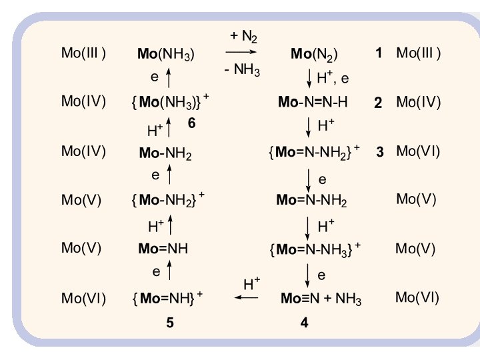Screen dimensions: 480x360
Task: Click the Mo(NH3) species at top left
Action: pos(166,55)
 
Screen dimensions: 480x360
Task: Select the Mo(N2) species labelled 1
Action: pos(314,55)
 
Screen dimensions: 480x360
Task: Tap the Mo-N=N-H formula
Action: pos(313,103)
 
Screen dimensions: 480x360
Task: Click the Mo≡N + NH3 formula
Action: pos(321,299)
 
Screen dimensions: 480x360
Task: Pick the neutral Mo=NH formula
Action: pos(163,249)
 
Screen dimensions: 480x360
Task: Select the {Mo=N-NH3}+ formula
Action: pos(314,249)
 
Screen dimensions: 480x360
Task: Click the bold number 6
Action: pos(191,124)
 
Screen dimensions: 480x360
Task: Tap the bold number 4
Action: pos(305,323)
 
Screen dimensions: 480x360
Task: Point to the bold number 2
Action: pos(378,103)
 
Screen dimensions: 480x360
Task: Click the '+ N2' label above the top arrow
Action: pos(244,36)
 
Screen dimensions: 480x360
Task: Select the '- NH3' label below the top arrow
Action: pos(242,70)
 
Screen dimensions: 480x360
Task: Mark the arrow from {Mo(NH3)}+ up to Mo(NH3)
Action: pos(169,78)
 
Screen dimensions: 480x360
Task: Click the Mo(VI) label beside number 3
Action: pos(418,151)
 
